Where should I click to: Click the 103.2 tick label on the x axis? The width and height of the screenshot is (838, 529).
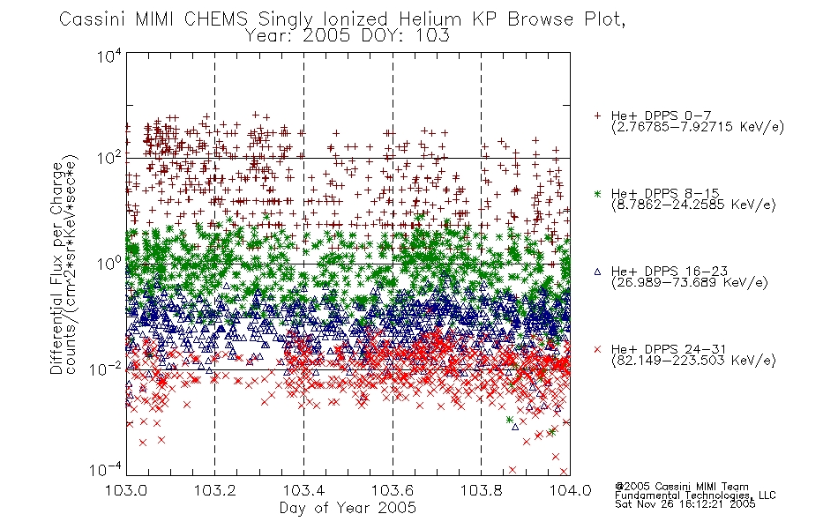215,490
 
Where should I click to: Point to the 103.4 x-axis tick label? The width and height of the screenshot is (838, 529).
303,490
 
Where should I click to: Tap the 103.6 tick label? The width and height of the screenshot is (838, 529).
393,490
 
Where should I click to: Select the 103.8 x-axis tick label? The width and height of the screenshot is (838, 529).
482,490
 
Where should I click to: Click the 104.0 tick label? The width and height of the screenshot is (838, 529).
570,490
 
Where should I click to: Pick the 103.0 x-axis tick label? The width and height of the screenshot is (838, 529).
126,490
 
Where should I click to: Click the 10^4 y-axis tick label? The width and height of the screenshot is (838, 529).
109,55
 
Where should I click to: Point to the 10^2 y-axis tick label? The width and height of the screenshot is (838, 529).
109,158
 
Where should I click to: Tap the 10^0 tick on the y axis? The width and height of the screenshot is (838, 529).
109,264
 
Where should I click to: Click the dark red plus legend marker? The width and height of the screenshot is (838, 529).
597,115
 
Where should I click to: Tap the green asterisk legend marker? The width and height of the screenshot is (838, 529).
597,193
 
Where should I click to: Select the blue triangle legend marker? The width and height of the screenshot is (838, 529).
597,272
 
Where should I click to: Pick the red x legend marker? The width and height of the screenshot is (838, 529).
597,349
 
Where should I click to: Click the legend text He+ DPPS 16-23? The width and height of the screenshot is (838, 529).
670,271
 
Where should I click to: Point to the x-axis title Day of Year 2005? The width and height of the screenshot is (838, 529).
348,508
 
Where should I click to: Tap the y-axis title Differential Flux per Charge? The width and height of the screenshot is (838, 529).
56,268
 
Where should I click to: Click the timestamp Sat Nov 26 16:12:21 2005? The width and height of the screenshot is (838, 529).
685,504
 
